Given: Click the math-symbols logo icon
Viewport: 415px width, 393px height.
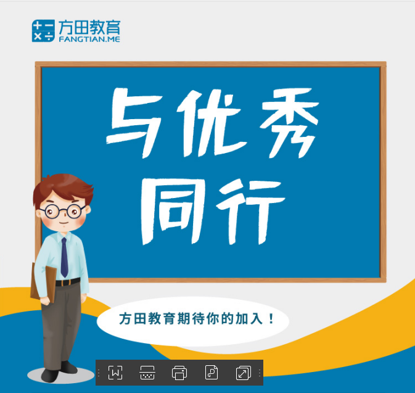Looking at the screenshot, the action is pyautogui.click(x=43, y=31).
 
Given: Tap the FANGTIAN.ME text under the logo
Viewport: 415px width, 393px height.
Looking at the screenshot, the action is pyautogui.click(x=89, y=39).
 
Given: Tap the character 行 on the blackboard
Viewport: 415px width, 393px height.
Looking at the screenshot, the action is pyautogui.click(x=250, y=211).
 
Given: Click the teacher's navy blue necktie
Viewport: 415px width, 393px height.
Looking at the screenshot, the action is pyautogui.click(x=64, y=257).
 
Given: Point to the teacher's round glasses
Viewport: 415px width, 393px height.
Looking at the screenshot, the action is pyautogui.click(x=62, y=212).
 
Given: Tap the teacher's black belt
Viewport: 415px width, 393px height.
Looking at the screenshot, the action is pyautogui.click(x=68, y=282).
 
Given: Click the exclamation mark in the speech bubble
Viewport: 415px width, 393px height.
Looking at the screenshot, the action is pyautogui.click(x=271, y=318).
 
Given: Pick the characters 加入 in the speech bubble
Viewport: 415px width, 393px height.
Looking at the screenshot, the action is pyautogui.click(x=249, y=318).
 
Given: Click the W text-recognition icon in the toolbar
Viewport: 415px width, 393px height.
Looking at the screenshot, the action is pyautogui.click(x=115, y=373).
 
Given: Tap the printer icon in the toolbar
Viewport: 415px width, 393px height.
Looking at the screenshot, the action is pyautogui.click(x=179, y=373).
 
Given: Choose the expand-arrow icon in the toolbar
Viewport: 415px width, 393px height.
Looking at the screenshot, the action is pyautogui.click(x=243, y=373).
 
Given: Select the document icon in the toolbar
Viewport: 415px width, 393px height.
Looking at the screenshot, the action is pyautogui.click(x=212, y=373).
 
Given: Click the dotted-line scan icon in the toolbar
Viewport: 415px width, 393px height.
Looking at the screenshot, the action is pyautogui.click(x=147, y=373).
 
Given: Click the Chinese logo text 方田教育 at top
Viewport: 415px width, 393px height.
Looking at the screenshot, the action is pyautogui.click(x=89, y=27).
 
